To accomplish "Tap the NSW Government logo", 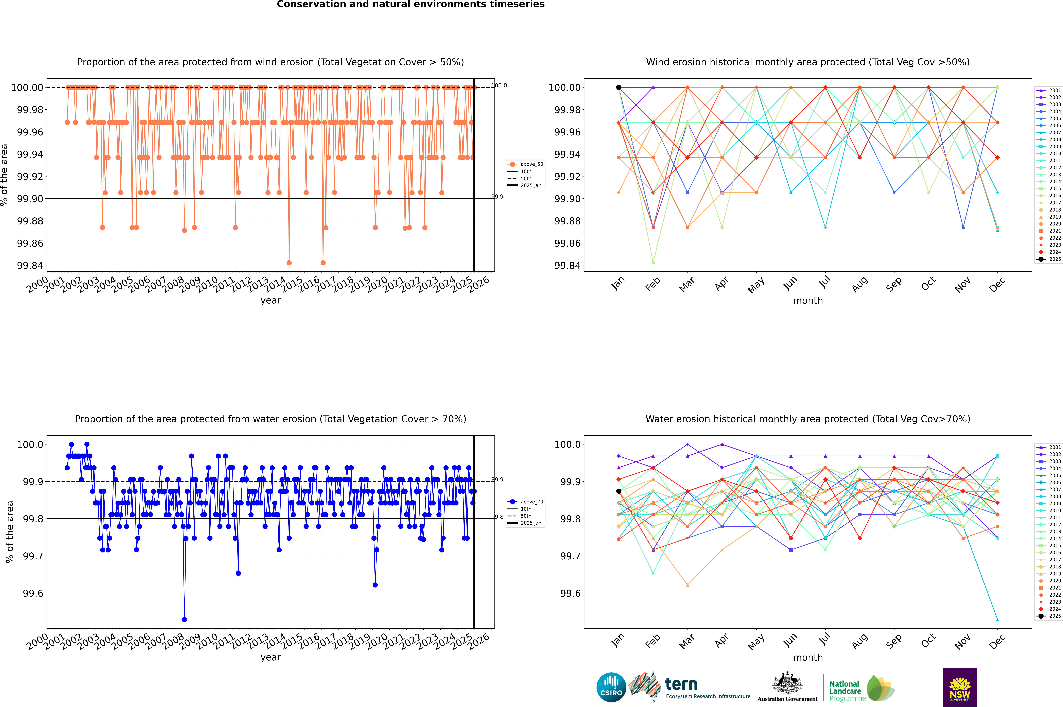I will [x=960, y=687].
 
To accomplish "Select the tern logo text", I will [x=681, y=685].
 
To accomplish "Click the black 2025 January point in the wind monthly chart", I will [x=619, y=88].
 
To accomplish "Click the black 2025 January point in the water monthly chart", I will [x=619, y=491].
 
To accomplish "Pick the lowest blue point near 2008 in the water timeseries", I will [x=184, y=619].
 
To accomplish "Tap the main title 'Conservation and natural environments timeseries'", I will [x=411, y=4].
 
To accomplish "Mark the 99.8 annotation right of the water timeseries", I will [x=498, y=517].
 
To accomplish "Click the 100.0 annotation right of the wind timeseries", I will [x=499, y=85].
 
